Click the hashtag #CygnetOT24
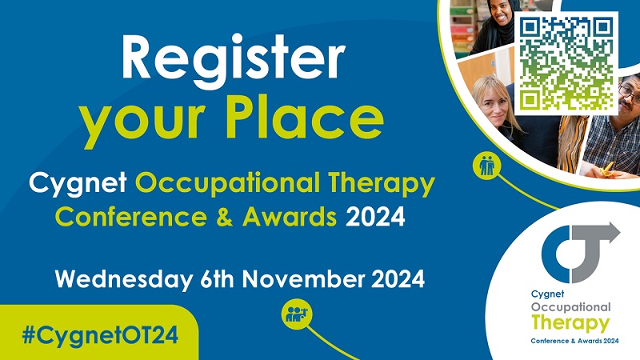click(x=101, y=335)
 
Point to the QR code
click(x=566, y=63)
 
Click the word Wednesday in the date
click(x=124, y=280)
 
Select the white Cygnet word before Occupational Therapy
click(x=78, y=184)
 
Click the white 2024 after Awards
click(x=375, y=217)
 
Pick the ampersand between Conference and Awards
click(x=225, y=217)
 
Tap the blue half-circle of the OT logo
click(x=556, y=254)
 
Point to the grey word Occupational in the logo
click(x=570, y=307)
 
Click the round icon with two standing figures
click(x=487, y=166)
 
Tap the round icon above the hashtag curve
click(x=296, y=314)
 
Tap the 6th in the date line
click(x=217, y=279)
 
